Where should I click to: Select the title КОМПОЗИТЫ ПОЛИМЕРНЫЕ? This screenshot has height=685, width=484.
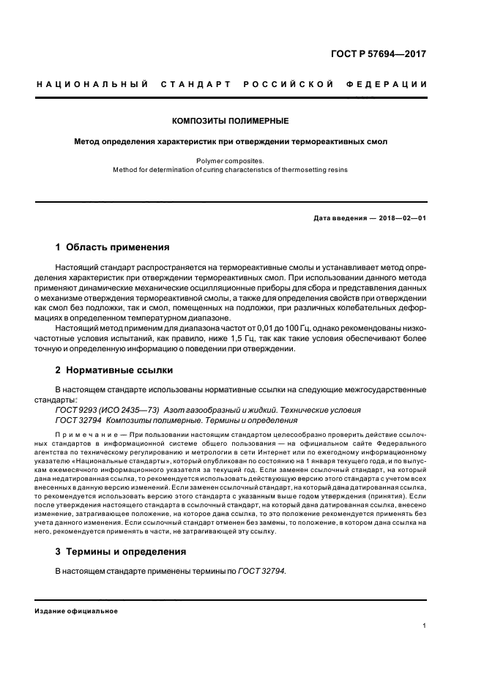230,120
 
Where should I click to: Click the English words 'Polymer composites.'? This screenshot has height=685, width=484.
230,160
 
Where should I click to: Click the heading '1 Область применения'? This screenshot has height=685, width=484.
113,247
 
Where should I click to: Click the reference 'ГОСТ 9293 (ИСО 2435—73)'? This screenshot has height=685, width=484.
108,410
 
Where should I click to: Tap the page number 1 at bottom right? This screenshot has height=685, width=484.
425,626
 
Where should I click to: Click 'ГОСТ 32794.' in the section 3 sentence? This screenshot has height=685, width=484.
262,570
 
